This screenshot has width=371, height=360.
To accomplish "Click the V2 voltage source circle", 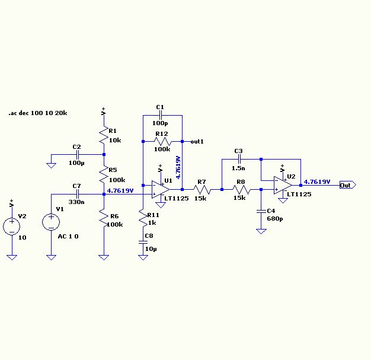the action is (x=12, y=227).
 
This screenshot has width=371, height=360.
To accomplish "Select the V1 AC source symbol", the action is (x=51, y=222).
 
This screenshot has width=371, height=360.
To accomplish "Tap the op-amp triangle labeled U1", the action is (x=161, y=189).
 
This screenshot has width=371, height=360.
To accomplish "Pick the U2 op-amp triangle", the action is (x=283, y=185).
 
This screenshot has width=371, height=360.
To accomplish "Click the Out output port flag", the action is (x=348, y=185).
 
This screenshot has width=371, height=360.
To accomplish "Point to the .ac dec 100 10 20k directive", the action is (x=38, y=113).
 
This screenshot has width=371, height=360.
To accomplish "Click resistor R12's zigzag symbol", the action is (x=162, y=142).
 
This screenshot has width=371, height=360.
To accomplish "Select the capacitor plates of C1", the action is (x=161, y=115).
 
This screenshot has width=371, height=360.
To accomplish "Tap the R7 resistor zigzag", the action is (x=202, y=189).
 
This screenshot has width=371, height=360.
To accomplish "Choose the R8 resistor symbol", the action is (x=241, y=189).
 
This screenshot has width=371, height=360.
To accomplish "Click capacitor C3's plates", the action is (x=239, y=159).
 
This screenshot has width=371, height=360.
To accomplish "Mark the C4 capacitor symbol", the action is (x=261, y=211).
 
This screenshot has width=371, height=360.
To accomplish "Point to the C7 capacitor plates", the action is (x=78, y=194).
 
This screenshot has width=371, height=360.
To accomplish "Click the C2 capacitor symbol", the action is (x=78, y=155).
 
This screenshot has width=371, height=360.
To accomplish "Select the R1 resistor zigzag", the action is (x=104, y=135).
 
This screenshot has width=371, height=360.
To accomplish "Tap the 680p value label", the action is (x=275, y=219).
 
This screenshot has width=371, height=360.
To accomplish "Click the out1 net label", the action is (x=197, y=142).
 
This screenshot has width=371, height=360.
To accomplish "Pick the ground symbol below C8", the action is (x=143, y=257).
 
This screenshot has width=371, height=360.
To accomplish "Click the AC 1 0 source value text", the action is (x=68, y=237).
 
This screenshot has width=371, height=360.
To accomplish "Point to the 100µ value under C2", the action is (x=76, y=163).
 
